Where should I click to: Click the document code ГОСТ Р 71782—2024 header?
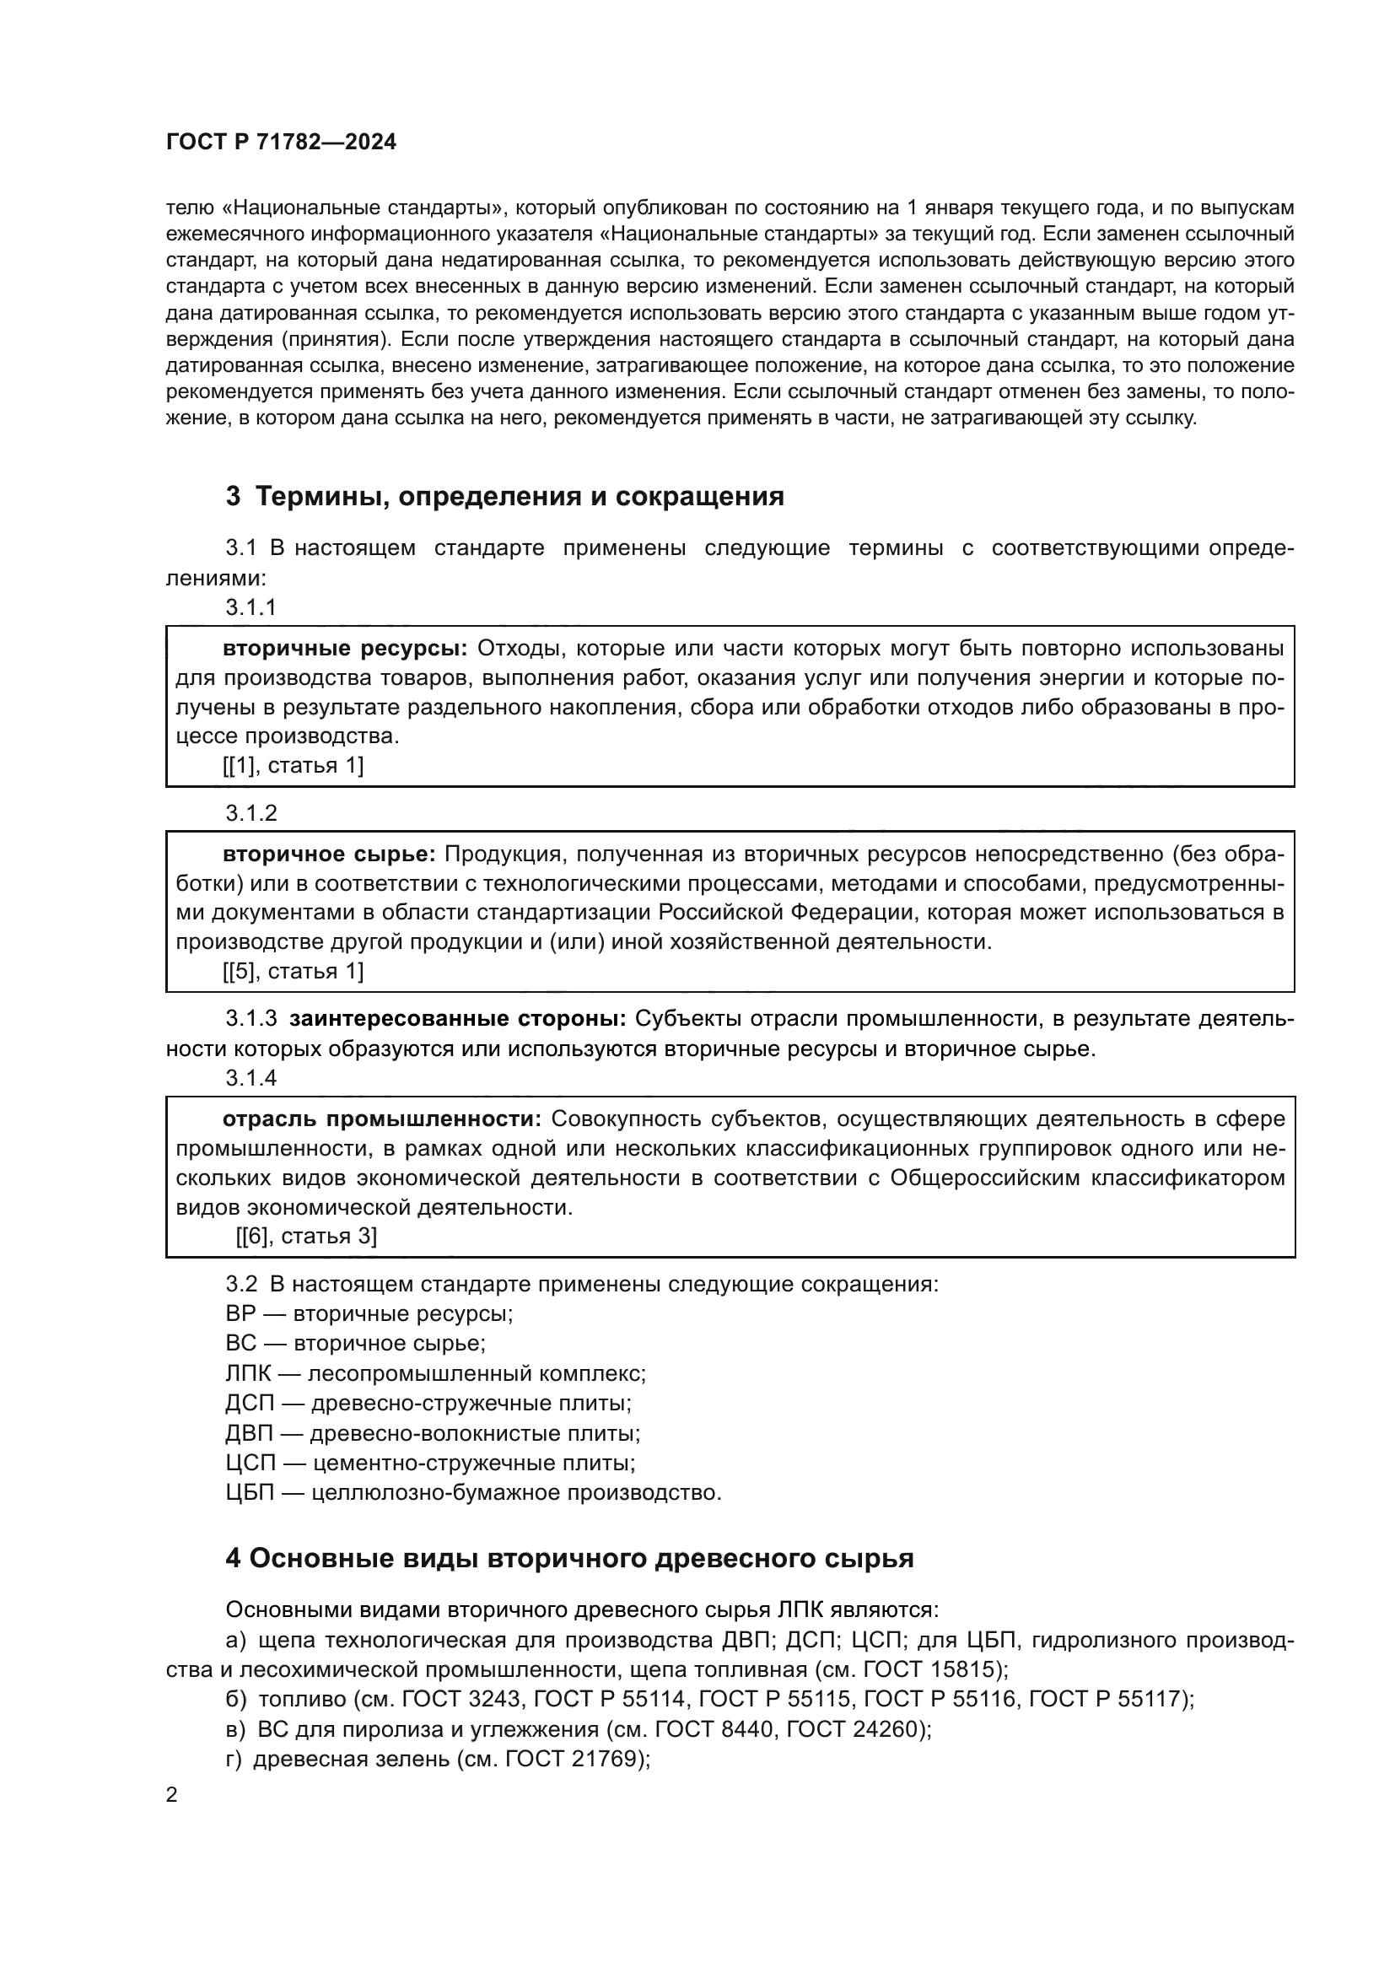281,143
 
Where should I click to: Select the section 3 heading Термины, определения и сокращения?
505,496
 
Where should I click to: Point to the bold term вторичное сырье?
329,854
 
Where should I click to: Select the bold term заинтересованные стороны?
458,1019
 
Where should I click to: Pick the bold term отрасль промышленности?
381,1119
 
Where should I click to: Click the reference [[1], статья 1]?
293,766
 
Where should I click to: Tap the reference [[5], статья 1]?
293,972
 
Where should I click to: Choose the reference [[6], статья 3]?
307,1237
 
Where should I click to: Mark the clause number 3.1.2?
251,813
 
